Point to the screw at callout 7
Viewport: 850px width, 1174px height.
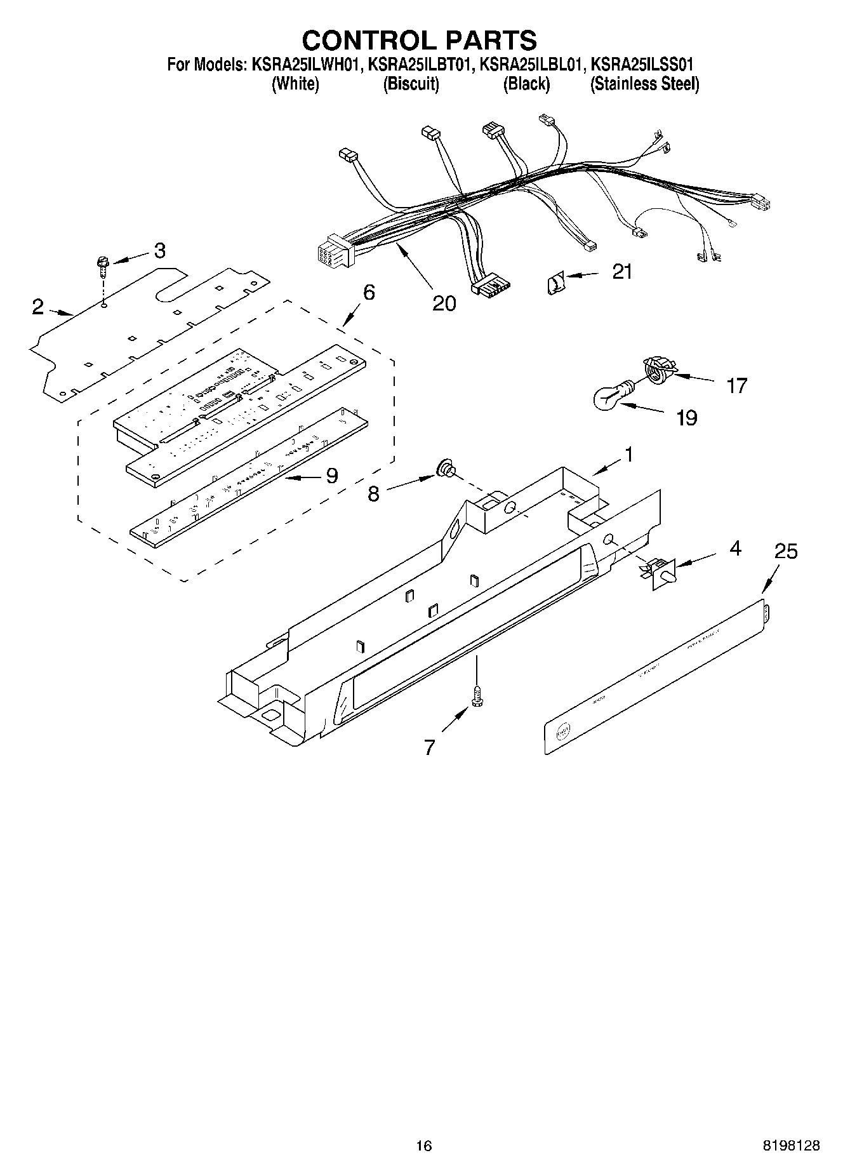pyautogui.click(x=475, y=697)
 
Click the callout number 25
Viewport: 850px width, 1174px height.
pyautogui.click(x=785, y=551)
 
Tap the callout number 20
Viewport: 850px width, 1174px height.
pyautogui.click(x=444, y=304)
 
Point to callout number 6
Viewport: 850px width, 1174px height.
pyautogui.click(x=369, y=293)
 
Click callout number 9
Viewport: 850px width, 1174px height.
pyautogui.click(x=331, y=476)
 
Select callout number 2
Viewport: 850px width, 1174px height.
pyautogui.click(x=38, y=308)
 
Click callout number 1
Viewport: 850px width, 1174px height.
pyautogui.click(x=628, y=455)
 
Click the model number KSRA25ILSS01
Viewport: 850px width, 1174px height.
pyautogui.click(x=641, y=64)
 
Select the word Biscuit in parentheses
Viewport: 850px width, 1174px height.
pyautogui.click(x=411, y=84)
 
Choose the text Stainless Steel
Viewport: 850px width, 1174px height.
pyautogui.click(x=644, y=84)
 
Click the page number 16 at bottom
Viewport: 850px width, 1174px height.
pyautogui.click(x=423, y=1145)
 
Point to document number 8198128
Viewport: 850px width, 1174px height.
pyautogui.click(x=790, y=1145)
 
